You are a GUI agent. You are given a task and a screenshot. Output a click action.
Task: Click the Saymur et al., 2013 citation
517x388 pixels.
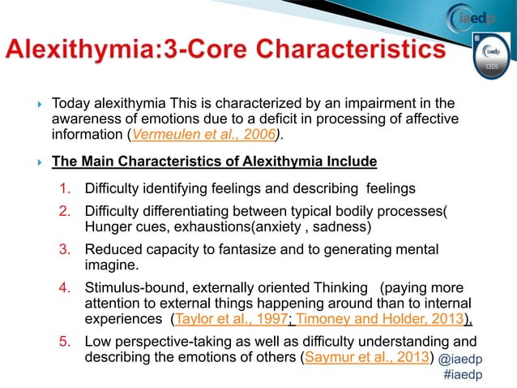[365, 356]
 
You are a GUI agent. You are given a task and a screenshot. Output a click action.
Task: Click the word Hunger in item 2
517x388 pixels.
[109, 226]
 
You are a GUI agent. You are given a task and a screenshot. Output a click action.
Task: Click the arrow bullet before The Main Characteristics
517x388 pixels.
[32, 162]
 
